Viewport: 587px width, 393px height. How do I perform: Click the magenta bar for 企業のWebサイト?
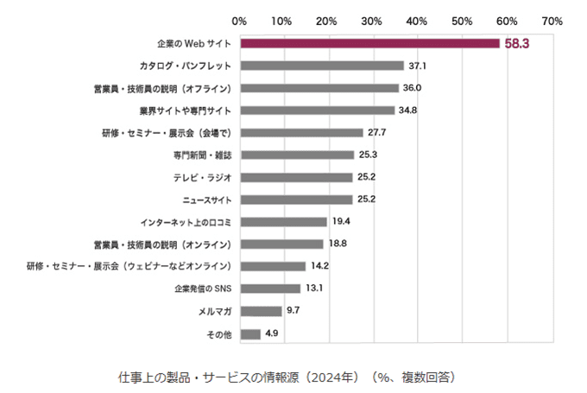pos(369,43)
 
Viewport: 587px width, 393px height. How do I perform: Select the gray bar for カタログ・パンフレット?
pos(322,66)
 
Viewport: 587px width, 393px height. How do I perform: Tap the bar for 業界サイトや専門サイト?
pos(317,111)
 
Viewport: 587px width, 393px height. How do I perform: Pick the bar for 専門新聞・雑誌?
pos(296,155)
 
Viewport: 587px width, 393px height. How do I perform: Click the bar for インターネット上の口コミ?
pos(283,222)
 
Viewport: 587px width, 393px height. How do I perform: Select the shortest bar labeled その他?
pos(250,333)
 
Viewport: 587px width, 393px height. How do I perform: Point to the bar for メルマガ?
pos(261,311)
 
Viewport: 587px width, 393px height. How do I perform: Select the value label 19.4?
pos(340,222)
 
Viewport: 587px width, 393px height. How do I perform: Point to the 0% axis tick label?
pos(240,19)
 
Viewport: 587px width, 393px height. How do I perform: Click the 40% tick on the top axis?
pos(418,19)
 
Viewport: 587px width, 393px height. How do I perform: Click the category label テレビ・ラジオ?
pos(203,177)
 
